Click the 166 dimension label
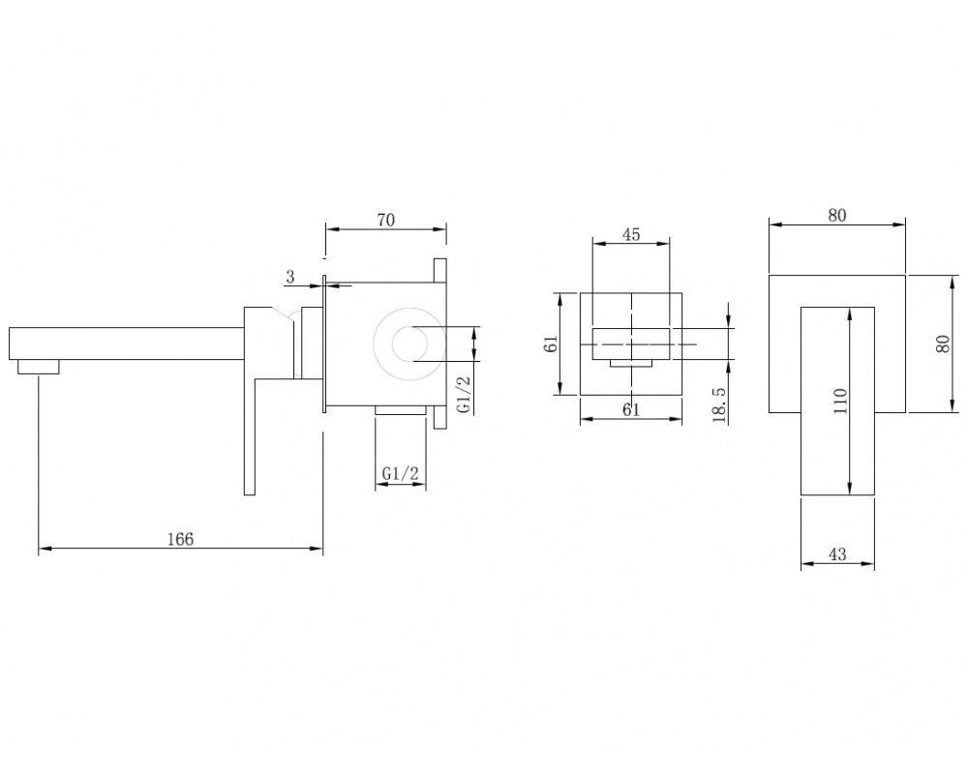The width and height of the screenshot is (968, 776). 180,539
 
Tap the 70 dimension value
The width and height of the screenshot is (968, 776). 386,220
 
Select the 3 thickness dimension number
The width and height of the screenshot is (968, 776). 290,277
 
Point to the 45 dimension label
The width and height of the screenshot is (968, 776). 631,234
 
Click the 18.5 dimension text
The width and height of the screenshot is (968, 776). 719,404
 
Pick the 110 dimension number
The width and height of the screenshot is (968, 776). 840,401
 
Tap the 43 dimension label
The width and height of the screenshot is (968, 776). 837,554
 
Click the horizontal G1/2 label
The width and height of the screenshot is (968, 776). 401,474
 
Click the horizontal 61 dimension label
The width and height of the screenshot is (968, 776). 631,409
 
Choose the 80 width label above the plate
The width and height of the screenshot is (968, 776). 837,215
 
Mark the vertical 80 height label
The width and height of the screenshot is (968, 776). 942,343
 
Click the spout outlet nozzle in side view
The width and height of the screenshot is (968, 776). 39,367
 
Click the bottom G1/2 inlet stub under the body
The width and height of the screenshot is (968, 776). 400,410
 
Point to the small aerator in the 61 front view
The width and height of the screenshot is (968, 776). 631,363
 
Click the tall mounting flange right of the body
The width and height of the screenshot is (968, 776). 439,343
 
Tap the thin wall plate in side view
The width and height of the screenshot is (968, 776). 323,343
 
